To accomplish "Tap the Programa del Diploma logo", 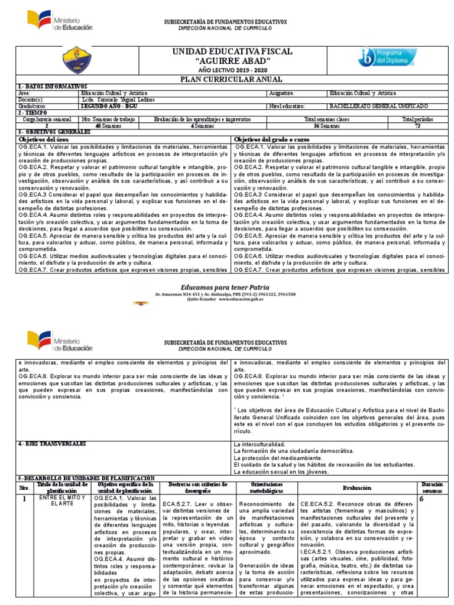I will click(387, 57).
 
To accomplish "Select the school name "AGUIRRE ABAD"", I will click(232, 61).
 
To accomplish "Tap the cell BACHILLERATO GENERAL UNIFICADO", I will click(378, 106).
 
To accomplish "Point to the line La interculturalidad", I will click(260, 444).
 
